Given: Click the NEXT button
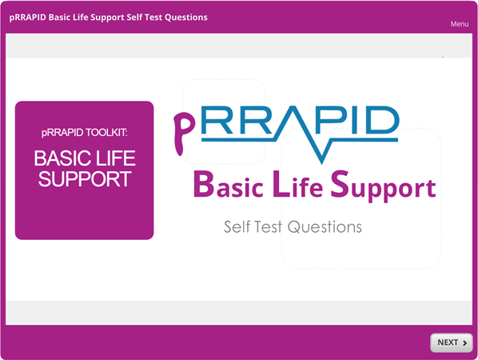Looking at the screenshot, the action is click(x=452, y=342).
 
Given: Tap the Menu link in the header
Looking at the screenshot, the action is click(x=460, y=24).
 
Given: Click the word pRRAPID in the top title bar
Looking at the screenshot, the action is click(x=27, y=18).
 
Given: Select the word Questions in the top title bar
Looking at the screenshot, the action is click(x=186, y=18).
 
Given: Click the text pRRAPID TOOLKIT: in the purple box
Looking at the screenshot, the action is click(x=85, y=133).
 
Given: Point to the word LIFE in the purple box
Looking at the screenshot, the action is click(x=115, y=158).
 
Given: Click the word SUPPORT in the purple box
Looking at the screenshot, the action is click(x=85, y=179).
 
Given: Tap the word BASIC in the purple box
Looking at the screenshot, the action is click(x=63, y=158).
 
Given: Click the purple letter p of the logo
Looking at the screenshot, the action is click(x=184, y=133).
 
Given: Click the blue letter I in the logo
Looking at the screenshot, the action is click(x=355, y=120).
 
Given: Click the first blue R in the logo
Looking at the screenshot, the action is click(x=217, y=120).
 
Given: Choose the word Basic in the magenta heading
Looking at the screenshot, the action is click(x=229, y=185).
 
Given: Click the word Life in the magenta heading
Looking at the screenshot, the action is click(x=298, y=184).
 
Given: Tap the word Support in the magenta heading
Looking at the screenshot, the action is click(x=384, y=186).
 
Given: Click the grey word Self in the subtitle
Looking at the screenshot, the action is click(x=237, y=226).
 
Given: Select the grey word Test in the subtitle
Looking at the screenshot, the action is click(x=268, y=226).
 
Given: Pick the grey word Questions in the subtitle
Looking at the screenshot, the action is click(x=325, y=226).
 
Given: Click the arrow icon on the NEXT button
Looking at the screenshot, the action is click(x=465, y=343).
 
